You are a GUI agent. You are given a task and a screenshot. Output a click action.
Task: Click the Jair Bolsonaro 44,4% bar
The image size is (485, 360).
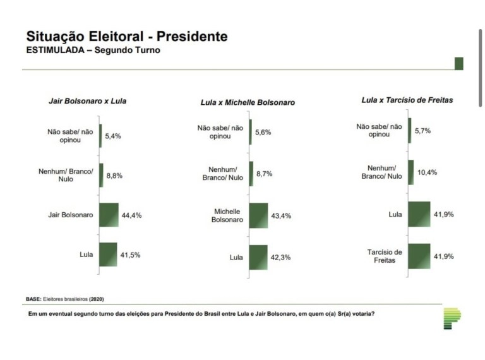pos(109,215)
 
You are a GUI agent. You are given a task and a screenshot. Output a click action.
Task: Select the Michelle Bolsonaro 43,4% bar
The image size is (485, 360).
pos(259,215)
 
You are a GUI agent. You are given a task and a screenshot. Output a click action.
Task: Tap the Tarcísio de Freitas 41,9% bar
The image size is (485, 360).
pos(419,256)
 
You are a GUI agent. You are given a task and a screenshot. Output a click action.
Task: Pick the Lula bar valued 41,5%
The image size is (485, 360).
pos(108,255)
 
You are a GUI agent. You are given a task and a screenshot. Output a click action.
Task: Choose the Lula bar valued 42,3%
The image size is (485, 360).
pos(258,257)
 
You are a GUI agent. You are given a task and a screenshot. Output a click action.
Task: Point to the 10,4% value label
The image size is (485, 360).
pos(426,172)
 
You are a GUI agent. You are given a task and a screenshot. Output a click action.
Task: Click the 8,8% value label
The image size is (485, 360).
pos(114,176)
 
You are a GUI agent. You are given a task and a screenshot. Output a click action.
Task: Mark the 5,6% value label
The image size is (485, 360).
pos(263,132)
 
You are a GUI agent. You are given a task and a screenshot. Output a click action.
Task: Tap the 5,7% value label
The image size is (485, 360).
pos(422,130)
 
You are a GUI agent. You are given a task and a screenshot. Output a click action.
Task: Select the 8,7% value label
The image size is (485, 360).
pos(264,174)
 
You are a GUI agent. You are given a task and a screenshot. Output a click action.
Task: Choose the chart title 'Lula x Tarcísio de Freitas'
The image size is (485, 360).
pos(407,100)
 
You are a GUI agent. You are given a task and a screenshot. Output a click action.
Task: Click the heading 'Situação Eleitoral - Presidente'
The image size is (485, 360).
pos(126,37)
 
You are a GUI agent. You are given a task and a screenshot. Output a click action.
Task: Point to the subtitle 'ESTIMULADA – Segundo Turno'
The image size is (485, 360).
pos(93,51)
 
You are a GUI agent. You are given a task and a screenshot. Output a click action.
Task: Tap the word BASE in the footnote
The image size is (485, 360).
pos(33,298)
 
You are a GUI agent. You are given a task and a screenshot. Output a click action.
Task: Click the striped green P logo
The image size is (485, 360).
pos(452,318)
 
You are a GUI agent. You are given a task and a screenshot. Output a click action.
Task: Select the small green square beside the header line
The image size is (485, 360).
pos(458,63)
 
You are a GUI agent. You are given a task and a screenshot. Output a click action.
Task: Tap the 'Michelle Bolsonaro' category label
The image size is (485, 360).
pos(229,215)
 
